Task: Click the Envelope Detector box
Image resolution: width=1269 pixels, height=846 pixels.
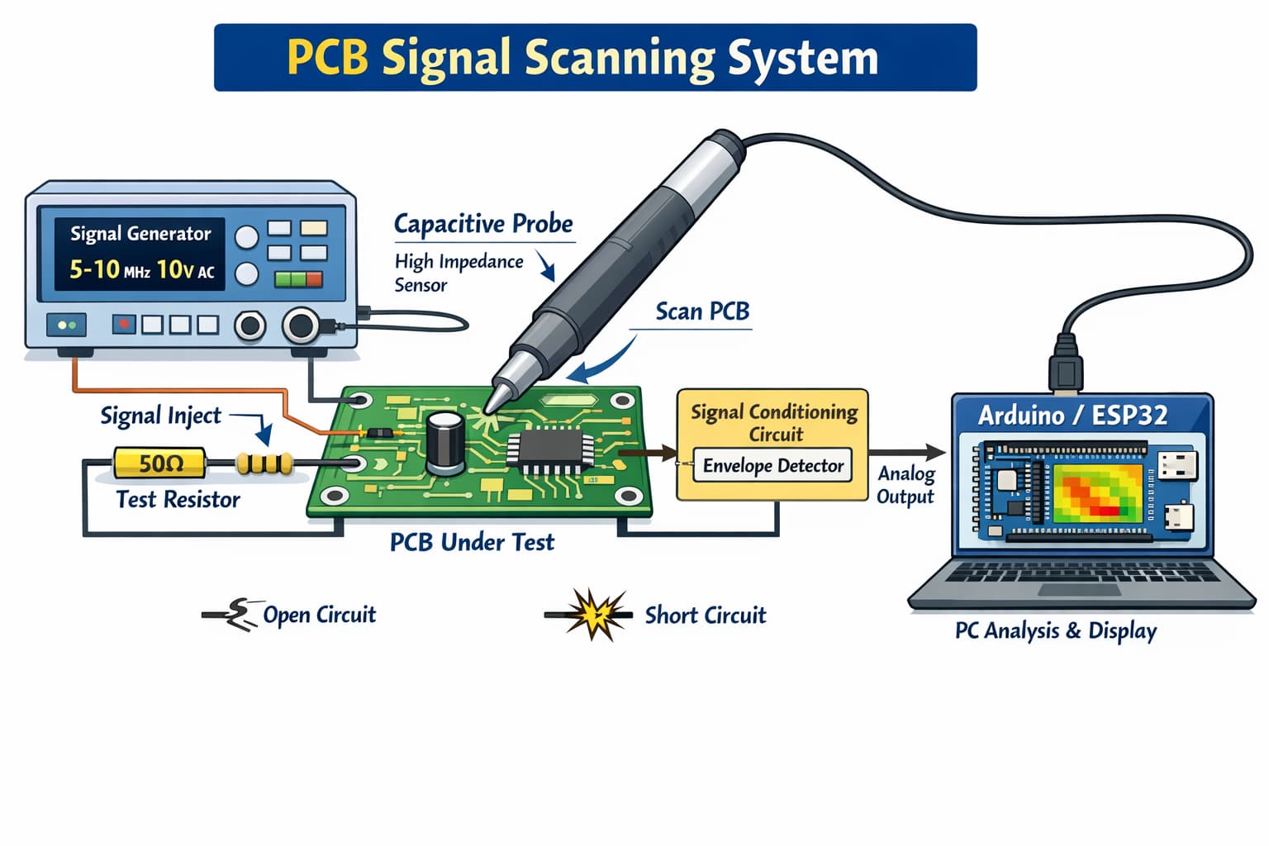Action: pyautogui.click(x=772, y=466)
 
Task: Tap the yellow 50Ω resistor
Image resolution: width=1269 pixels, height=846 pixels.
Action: pyautogui.click(x=159, y=463)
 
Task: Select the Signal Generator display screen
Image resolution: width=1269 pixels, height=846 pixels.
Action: pyautogui.click(x=140, y=254)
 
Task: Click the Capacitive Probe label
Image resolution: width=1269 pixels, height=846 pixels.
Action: pyautogui.click(x=483, y=224)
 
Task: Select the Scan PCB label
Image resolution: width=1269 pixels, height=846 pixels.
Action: pyautogui.click(x=702, y=311)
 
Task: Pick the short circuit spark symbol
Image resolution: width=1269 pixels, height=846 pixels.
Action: pyautogui.click(x=592, y=615)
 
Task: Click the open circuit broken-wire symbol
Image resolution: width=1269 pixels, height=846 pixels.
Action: pyautogui.click(x=234, y=614)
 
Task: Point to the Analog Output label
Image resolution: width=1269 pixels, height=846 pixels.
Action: pyautogui.click(x=905, y=485)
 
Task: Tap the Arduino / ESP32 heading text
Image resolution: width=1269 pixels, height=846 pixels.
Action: pyautogui.click(x=1072, y=415)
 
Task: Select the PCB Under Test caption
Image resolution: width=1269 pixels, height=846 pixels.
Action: pyautogui.click(x=472, y=543)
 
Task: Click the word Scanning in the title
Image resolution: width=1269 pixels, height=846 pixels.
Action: pyautogui.click(x=619, y=58)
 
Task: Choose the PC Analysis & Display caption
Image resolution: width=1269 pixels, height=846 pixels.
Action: pyautogui.click(x=1056, y=631)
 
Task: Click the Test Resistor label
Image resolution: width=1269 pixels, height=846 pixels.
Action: pyautogui.click(x=178, y=500)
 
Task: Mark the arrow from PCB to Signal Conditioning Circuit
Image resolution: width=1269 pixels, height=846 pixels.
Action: pyautogui.click(x=648, y=453)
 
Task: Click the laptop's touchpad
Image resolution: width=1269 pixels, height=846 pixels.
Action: pyautogui.click(x=1077, y=590)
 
